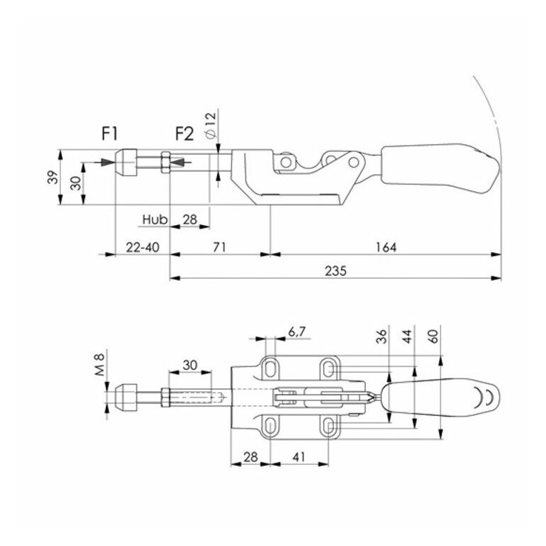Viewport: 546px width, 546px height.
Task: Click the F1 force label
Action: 110,134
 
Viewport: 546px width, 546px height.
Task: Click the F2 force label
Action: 184,134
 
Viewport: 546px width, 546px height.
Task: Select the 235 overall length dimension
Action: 336,271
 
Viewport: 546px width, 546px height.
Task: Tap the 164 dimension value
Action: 386,248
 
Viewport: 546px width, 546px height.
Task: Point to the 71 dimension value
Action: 219,248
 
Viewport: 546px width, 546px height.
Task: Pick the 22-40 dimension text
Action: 143,248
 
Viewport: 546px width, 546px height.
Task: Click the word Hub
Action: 155,219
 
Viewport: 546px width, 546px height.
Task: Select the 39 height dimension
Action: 52,177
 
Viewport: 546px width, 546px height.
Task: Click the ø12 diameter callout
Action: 211,126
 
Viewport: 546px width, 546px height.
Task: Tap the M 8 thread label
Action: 100,364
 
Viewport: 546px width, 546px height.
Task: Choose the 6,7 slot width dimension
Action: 296,332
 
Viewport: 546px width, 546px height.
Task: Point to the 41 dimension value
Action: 298,457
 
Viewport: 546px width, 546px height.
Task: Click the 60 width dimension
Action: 434,337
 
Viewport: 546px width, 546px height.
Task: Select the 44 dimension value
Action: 407,337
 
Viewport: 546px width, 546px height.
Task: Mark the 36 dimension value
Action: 382,337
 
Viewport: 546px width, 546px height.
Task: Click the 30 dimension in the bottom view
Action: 190,365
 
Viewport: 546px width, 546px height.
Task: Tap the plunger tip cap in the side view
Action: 126,162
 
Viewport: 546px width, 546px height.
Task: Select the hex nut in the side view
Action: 165,162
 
